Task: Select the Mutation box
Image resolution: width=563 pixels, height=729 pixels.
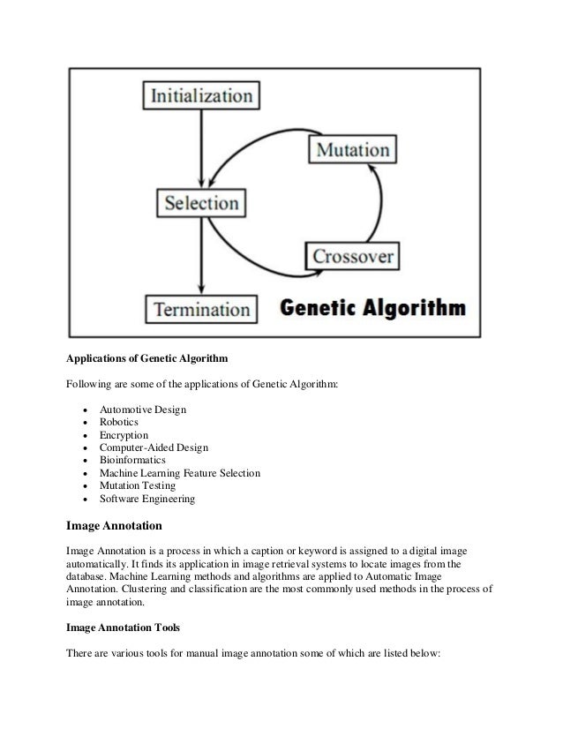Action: pyautogui.click(x=350, y=148)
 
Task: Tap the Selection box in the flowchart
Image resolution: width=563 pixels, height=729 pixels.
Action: pyautogui.click(x=202, y=202)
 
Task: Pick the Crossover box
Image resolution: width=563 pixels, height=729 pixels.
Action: pyautogui.click(x=351, y=256)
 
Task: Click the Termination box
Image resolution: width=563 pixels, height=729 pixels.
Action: pyautogui.click(x=202, y=310)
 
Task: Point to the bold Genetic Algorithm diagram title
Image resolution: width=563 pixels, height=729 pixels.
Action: pyautogui.click(x=372, y=310)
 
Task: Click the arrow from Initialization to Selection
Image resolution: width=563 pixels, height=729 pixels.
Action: pyautogui.click(x=202, y=147)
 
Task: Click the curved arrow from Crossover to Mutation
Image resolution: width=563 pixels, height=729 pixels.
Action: pyautogui.click(x=379, y=203)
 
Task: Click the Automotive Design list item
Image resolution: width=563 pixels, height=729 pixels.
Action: pyautogui.click(x=143, y=409)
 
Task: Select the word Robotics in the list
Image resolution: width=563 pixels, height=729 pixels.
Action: pyautogui.click(x=119, y=422)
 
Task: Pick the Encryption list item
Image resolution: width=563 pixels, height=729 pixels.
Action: pyautogui.click(x=124, y=435)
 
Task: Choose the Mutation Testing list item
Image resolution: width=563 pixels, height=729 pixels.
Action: pyautogui.click(x=138, y=486)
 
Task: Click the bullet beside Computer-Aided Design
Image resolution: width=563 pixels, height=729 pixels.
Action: pyautogui.click(x=83, y=448)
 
